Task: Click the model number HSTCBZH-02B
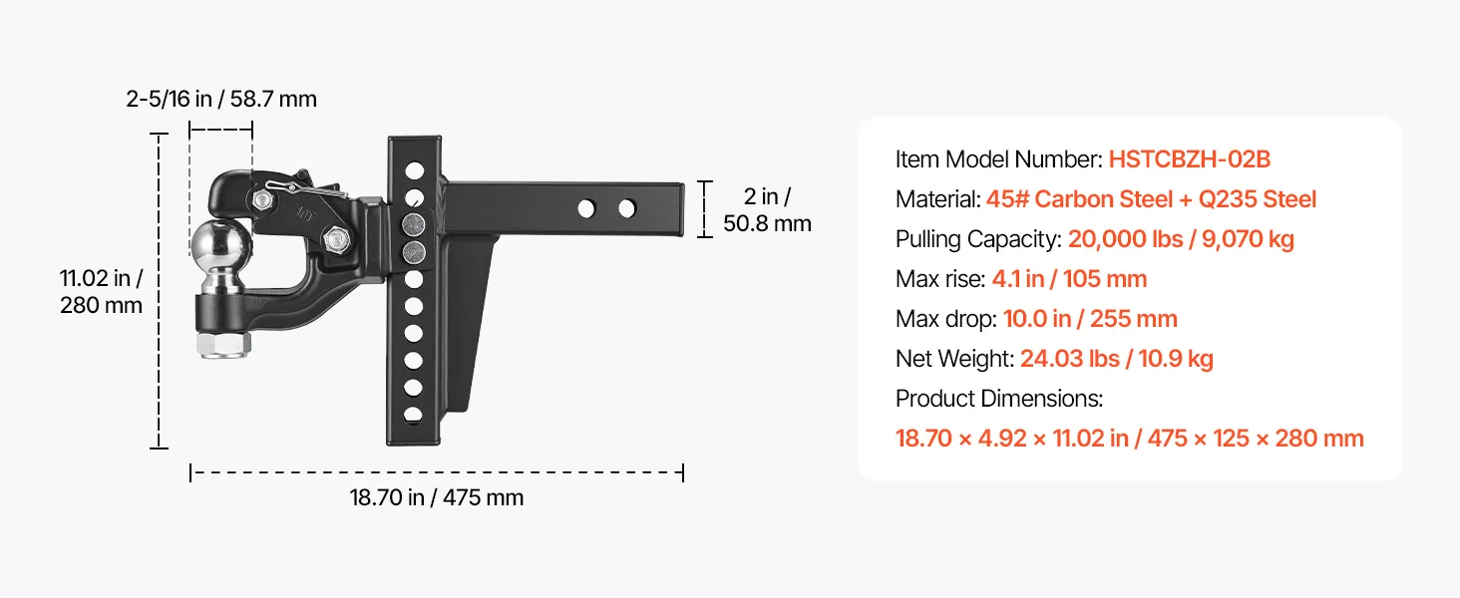[1190, 158]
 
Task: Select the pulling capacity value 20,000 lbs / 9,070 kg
[1181, 239]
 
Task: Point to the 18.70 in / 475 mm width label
[436, 497]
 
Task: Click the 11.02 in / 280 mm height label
[101, 291]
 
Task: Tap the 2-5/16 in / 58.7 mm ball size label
[221, 99]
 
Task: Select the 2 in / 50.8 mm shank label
[767, 209]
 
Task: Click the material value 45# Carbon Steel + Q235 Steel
[1151, 199]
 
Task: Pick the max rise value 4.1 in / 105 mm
[1069, 279]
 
